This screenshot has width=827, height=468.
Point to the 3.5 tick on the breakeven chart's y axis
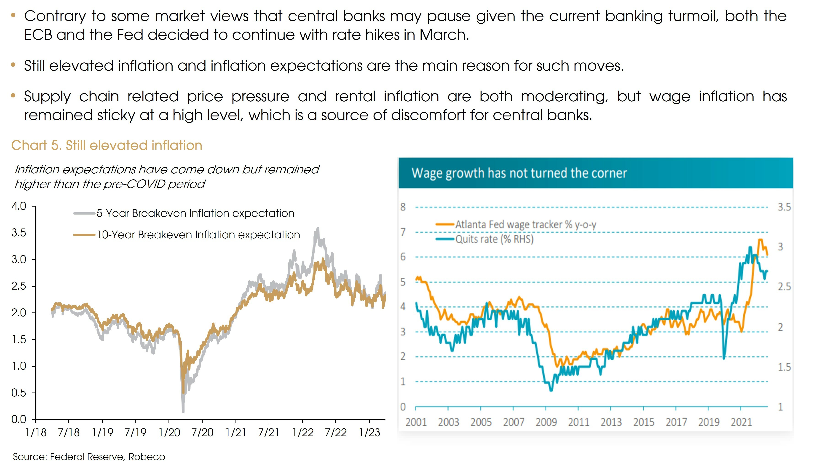click(x=19, y=232)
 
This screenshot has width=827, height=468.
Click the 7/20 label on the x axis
click(x=202, y=433)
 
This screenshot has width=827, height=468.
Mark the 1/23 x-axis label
click(x=369, y=433)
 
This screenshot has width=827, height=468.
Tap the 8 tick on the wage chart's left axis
click(x=403, y=207)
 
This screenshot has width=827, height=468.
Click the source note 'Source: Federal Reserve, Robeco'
click(x=89, y=457)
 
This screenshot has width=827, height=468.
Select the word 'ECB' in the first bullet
click(x=38, y=35)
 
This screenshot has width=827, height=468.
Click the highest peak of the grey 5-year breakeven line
click(x=318, y=229)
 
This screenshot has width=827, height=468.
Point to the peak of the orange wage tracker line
click(x=760, y=239)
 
